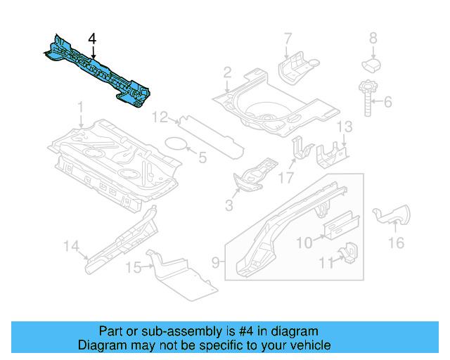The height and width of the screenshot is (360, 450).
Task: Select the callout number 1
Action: pyautogui.click(x=80, y=108)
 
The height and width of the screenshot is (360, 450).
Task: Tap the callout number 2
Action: pyautogui.click(x=227, y=72)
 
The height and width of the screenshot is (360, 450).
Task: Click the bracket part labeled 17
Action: pyautogui.click(x=302, y=150)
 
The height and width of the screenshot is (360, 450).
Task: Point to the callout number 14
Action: pyautogui.click(x=70, y=245)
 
